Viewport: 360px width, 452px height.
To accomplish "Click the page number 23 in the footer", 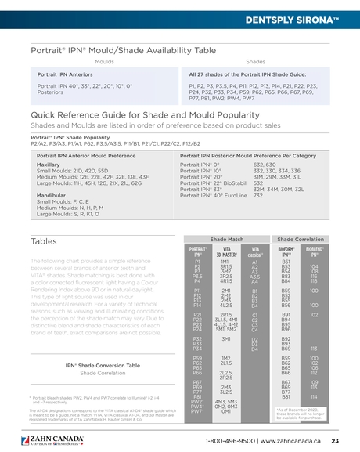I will (335, 442).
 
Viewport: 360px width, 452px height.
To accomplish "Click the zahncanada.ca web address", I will (289, 442).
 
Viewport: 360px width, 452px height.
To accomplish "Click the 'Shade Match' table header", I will (226, 238).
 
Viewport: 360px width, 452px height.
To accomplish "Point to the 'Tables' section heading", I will (45, 240).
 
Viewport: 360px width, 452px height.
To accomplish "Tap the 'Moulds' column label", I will (104, 60).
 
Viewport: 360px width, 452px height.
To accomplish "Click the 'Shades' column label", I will (255, 60).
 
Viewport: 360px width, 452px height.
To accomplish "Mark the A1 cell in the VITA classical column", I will (255, 262).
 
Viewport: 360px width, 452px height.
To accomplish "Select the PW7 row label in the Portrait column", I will (198, 411).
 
